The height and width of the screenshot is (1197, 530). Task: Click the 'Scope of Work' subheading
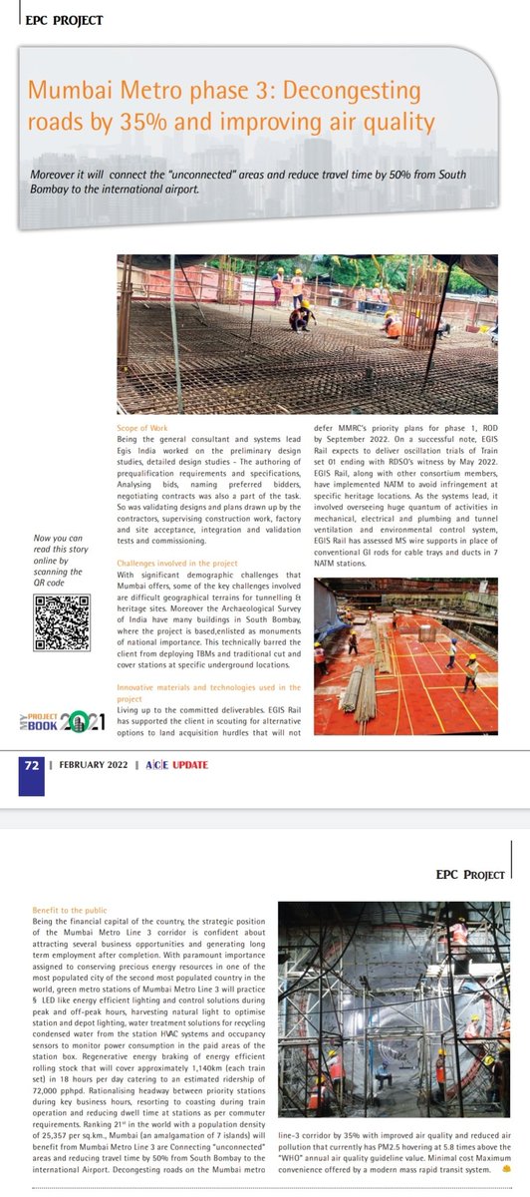point(141,427)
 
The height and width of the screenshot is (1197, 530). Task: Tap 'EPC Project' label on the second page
point(470,875)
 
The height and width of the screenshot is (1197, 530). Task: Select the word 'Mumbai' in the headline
point(69,91)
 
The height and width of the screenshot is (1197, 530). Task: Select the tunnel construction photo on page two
point(388,1009)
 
